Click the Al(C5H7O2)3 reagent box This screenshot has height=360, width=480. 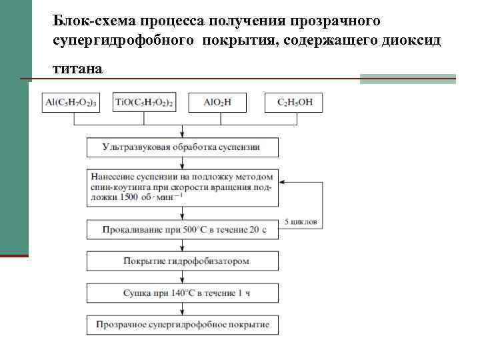click(71, 103)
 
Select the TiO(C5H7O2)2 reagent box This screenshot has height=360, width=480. click(144, 103)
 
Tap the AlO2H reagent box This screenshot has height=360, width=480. click(217, 103)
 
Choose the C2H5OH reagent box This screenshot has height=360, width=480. click(294, 103)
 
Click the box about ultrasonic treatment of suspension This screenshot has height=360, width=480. click(182, 147)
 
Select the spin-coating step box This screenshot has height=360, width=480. click(182, 187)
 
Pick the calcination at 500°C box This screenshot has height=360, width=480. click(182, 230)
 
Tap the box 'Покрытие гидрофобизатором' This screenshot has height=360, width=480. click(182, 261)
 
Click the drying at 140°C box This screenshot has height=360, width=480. click(182, 293)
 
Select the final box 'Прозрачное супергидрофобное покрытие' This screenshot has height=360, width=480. click(182, 325)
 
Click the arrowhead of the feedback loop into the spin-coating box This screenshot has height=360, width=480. click(281, 181)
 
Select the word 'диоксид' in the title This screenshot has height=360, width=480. click(417, 41)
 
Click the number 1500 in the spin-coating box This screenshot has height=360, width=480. click(133, 197)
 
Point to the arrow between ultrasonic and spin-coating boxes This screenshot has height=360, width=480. click(182, 163)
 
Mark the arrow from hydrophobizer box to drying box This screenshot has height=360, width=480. click(182, 277)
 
